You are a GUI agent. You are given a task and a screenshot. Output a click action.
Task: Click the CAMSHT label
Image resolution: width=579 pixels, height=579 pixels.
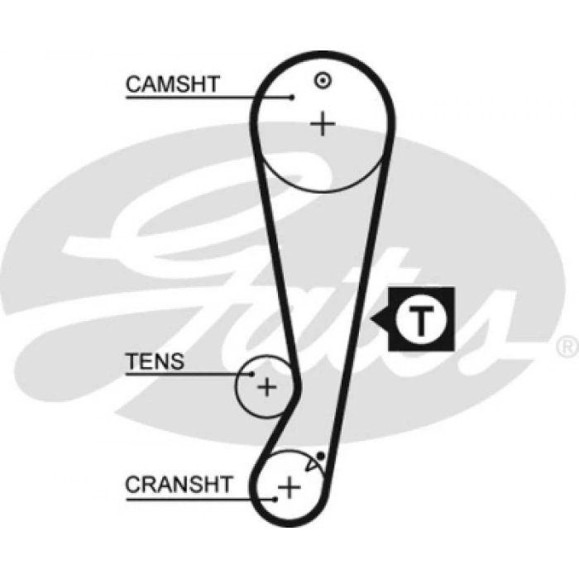pos(172,84)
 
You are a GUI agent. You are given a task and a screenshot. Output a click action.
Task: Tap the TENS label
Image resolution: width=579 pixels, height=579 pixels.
pos(154,361)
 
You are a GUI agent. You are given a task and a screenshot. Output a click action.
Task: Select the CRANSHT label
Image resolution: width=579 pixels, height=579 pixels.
pos(179,484)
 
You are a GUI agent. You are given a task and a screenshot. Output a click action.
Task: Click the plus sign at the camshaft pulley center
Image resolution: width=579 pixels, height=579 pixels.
pos(323,124)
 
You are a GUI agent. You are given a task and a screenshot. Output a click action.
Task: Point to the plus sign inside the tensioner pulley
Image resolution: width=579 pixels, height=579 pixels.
pos(266,386)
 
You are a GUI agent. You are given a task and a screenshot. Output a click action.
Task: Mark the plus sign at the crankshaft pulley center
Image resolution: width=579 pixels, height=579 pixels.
pos(289,487)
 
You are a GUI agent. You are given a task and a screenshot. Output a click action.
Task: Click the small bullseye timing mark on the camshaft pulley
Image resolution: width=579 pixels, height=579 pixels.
pos(323,80)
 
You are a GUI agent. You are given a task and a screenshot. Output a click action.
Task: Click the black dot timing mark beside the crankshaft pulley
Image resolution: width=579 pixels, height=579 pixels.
pos(320,457)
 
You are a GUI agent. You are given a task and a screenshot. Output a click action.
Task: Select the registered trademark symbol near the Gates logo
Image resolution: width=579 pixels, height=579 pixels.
pos(568,342)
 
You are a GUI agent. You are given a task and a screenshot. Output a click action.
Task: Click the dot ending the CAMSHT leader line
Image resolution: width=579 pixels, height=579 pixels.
pos(292,98)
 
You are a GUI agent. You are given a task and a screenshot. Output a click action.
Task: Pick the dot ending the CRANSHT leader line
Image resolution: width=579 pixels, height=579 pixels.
pos(274,498)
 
